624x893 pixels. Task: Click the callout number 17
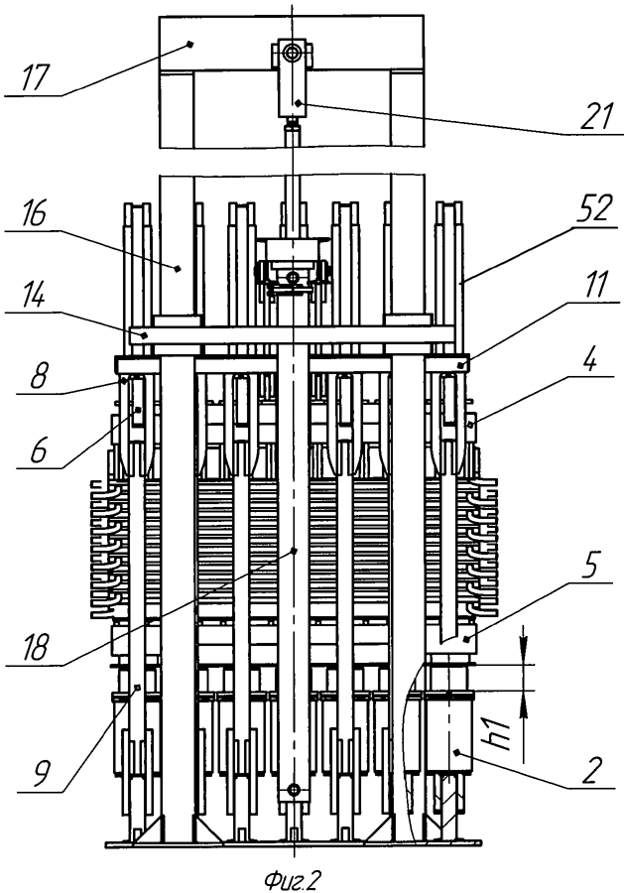pyautogui.click(x=34, y=77)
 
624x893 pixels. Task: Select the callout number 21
pyautogui.click(x=596, y=116)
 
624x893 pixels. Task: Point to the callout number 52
pyautogui.click(x=595, y=210)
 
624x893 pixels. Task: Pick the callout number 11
pyautogui.click(x=596, y=284)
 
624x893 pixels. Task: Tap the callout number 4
pyautogui.click(x=592, y=360)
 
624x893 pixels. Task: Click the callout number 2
pyautogui.click(x=592, y=770)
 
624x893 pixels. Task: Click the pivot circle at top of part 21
pyautogui.click(x=293, y=54)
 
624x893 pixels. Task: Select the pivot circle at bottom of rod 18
pyautogui.click(x=294, y=790)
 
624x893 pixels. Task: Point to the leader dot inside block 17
pyautogui.click(x=190, y=44)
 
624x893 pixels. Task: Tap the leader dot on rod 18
pyautogui.click(x=294, y=550)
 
